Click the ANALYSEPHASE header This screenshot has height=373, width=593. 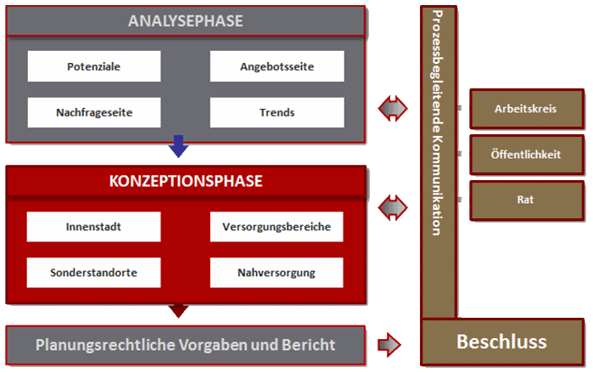[x=185, y=21]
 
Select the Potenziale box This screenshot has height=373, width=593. [x=93, y=66]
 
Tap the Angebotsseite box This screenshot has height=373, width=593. [x=277, y=66]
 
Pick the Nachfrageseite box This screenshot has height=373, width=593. [x=93, y=112]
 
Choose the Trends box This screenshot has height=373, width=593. [x=277, y=112]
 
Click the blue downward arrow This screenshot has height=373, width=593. [x=178, y=147]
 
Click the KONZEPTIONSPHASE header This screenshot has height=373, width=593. [x=185, y=181]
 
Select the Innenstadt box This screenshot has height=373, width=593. [x=93, y=227]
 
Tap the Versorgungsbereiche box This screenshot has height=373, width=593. [x=277, y=227]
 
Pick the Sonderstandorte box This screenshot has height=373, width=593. [x=93, y=273]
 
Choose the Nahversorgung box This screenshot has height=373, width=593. [x=277, y=273]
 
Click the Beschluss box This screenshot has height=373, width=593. [x=501, y=342]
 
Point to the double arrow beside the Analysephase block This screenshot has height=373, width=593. [x=393, y=108]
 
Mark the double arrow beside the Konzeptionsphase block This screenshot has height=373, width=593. [x=393, y=206]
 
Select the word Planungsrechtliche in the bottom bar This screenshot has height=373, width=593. [x=100, y=345]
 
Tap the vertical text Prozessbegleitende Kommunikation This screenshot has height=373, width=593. [x=436, y=123]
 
